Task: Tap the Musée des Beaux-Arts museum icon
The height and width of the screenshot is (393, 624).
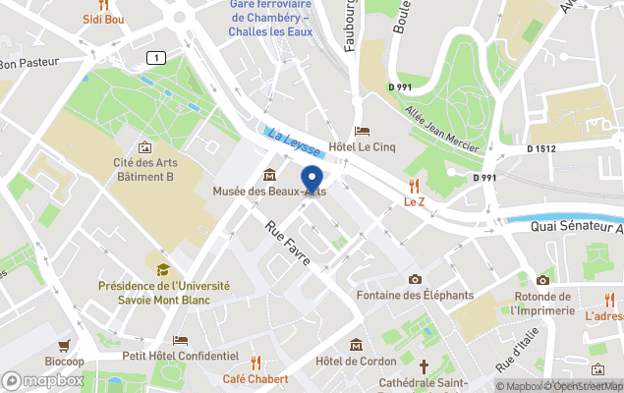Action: click(269, 175)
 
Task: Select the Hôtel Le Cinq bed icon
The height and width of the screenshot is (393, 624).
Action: click(363, 132)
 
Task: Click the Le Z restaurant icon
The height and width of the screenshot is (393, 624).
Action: click(414, 185)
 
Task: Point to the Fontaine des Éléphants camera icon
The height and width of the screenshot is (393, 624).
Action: click(415, 280)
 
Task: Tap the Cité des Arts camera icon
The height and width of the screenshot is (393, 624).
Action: click(145, 146)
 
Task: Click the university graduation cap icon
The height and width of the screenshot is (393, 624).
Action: click(163, 269)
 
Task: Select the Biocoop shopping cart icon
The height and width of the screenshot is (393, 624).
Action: click(65, 345)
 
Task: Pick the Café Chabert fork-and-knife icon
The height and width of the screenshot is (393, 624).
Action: click(255, 363)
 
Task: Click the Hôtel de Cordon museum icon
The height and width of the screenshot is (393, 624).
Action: click(356, 345)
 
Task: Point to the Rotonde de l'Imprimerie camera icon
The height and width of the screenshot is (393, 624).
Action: click(541, 280)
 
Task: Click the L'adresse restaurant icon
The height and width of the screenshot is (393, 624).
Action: click(610, 300)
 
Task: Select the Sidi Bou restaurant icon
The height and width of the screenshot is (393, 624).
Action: click(103, 5)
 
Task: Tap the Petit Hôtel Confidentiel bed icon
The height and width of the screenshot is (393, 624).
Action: click(180, 340)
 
